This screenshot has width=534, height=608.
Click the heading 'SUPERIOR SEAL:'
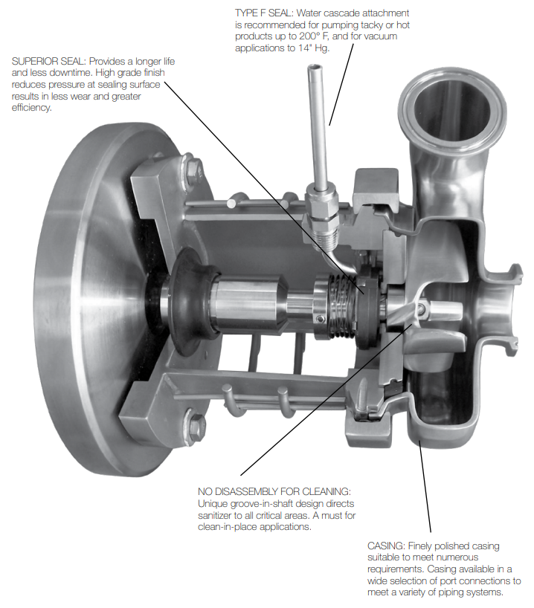48,60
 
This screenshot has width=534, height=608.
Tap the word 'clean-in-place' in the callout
229,527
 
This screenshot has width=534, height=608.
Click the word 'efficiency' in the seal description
32,108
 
